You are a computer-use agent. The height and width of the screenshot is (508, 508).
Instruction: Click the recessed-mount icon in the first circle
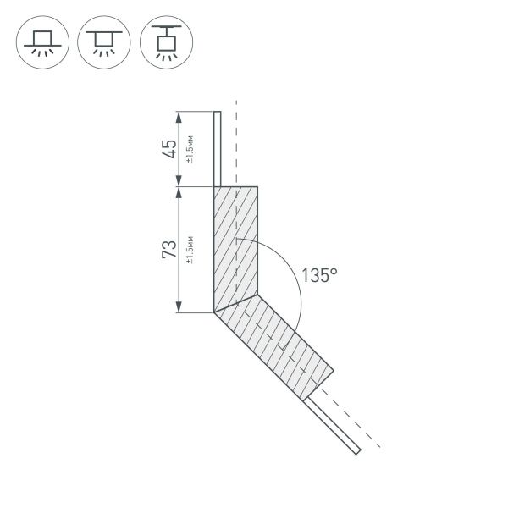(x=40, y=41)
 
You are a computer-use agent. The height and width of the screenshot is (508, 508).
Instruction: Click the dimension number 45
(x=170, y=148)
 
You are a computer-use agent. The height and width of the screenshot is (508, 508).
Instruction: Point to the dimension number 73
(x=170, y=250)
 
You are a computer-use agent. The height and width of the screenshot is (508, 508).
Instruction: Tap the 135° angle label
(x=319, y=275)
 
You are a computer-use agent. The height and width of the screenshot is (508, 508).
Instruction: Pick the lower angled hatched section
(x=275, y=343)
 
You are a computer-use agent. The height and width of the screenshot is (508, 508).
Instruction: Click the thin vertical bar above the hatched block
(x=217, y=148)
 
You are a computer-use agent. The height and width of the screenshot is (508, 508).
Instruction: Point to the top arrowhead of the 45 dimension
(x=179, y=116)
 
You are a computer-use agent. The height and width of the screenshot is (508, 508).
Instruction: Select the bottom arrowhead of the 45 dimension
(x=179, y=181)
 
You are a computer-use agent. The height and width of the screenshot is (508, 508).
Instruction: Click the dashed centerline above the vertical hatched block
(x=237, y=144)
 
